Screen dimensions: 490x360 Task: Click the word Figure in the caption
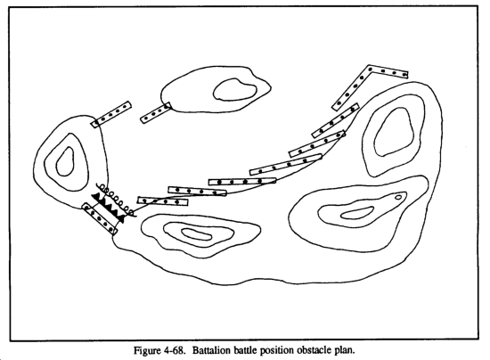click(146, 350)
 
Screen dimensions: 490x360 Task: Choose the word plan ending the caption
click(345, 350)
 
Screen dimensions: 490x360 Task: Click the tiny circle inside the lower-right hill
click(398, 197)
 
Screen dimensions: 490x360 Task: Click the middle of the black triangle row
click(108, 208)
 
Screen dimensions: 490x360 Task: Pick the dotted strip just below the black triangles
click(100, 218)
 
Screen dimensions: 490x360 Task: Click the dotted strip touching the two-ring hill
click(156, 113)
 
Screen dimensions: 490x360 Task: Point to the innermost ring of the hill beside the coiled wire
click(65, 161)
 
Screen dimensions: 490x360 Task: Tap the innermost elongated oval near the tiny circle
click(357, 213)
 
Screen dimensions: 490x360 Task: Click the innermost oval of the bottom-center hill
click(197, 233)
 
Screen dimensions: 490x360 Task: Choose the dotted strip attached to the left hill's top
click(111, 114)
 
